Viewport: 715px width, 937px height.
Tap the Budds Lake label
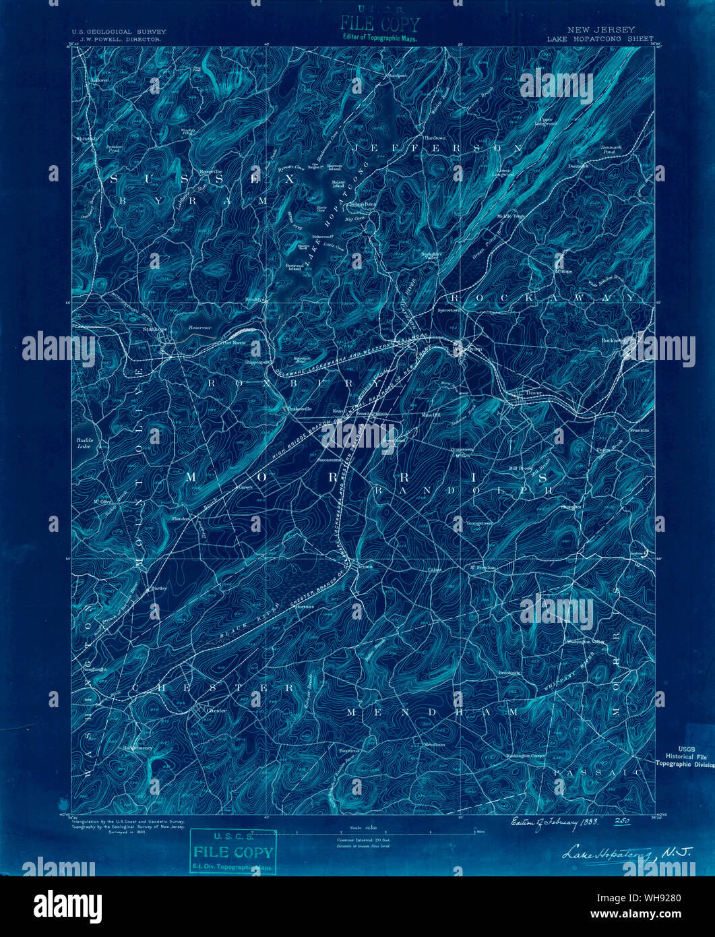(x=83, y=443)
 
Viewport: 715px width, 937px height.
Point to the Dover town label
(x=534, y=392)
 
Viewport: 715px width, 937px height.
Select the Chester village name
(x=216, y=711)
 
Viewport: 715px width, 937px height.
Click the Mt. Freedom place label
(x=483, y=568)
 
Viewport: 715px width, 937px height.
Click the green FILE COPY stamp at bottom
(x=232, y=851)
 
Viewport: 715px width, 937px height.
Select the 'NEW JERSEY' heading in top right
(x=600, y=30)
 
